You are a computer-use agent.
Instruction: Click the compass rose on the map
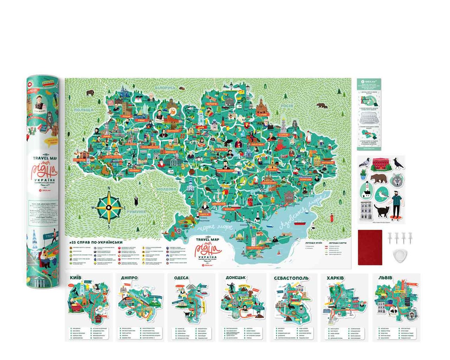coord(109,207)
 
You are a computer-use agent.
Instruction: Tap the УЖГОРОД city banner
coord(80,160)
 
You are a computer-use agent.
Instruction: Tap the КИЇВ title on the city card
coord(76,278)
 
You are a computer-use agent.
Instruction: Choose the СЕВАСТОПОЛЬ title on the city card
coord(291,278)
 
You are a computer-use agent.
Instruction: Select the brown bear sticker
coord(378,179)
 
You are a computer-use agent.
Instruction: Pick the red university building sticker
coord(381,165)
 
